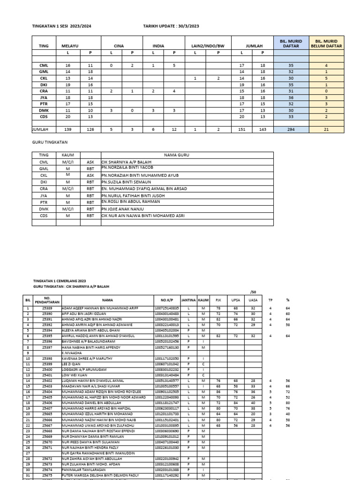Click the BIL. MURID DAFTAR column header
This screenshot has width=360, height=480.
pyautogui.click(x=291, y=43)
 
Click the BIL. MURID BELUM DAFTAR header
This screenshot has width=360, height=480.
pyautogui.click(x=326, y=43)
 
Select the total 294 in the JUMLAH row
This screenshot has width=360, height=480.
pyautogui.click(x=291, y=128)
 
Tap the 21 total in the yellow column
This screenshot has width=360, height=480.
pyautogui.click(x=326, y=128)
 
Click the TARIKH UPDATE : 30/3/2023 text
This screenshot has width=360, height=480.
pyautogui.click(x=171, y=26)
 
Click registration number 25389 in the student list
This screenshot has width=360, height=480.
pyautogui.click(x=47, y=307)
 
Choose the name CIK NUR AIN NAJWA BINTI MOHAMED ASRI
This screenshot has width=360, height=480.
pyautogui.click(x=143, y=216)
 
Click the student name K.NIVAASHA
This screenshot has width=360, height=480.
pyautogui.click(x=72, y=352)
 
